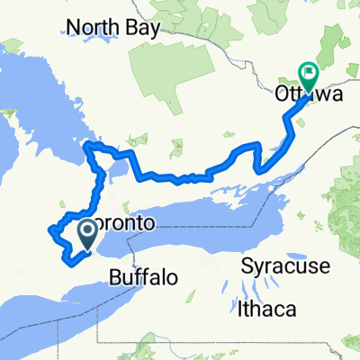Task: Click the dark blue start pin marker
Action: (x=88, y=236)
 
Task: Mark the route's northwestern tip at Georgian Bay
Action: (x=86, y=145)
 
